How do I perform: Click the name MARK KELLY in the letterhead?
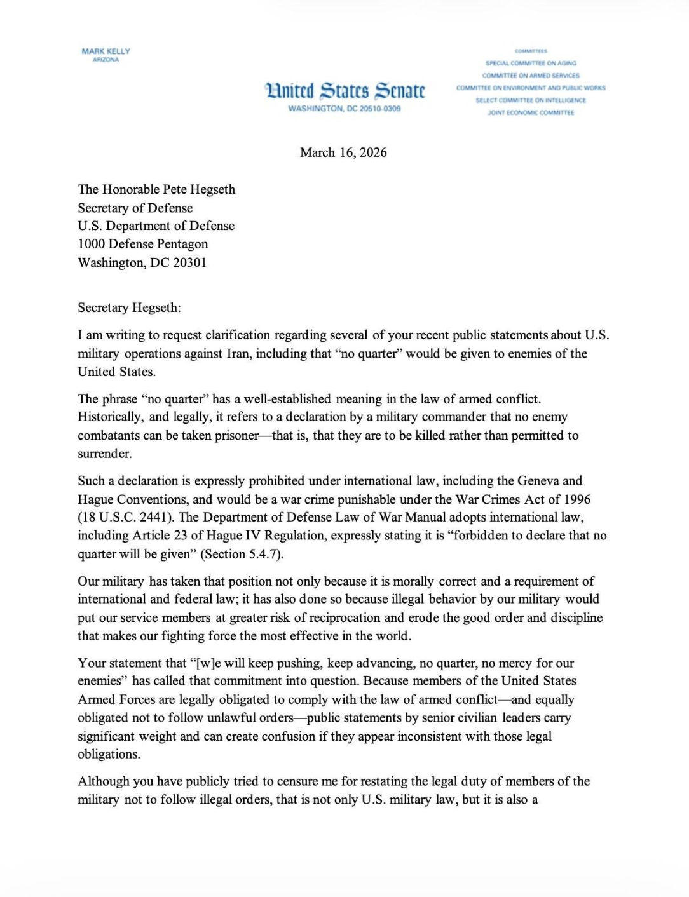coord(106,51)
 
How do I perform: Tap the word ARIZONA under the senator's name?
coord(106,60)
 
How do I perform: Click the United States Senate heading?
coord(344,90)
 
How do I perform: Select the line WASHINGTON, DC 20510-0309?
coord(344,109)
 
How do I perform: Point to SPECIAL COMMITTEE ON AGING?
coord(531,63)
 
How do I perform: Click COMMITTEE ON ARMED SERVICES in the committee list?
coord(531,75)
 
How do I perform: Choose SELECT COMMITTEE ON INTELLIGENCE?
coord(531,100)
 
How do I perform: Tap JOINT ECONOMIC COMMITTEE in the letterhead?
coord(531,112)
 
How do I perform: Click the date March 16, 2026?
coord(343,152)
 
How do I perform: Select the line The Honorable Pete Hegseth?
coord(156,189)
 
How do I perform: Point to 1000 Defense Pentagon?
coord(142,244)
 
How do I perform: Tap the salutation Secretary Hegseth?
coord(129,307)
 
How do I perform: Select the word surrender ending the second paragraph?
coord(104,454)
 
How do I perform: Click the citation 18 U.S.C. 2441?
coord(123,517)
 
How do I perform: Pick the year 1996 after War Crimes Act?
coord(576,499)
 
